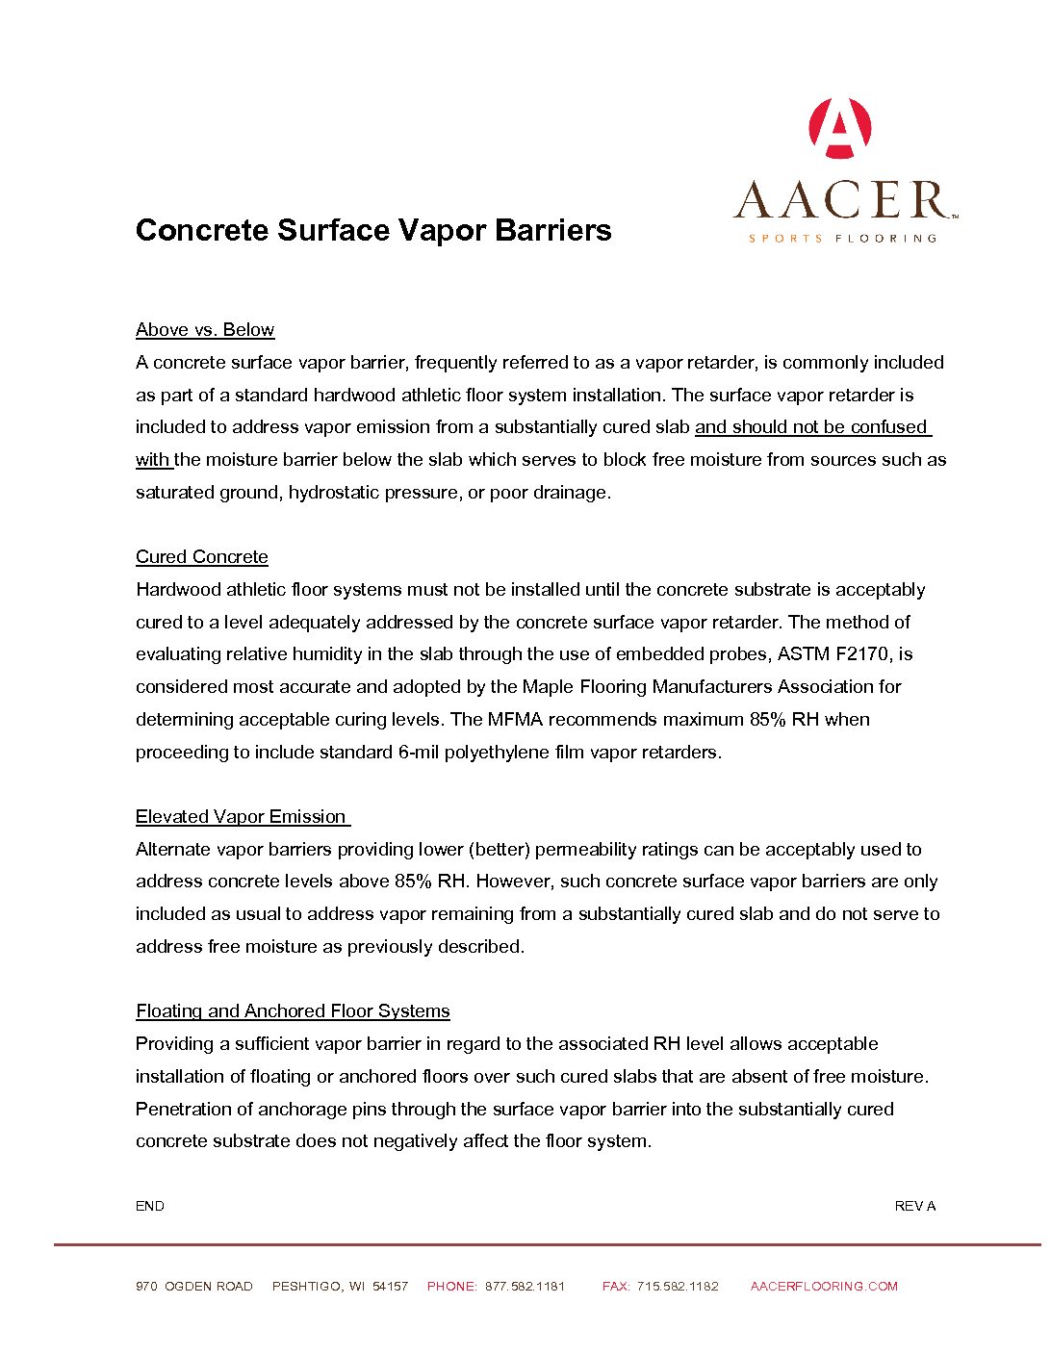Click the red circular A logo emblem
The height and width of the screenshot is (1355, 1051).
(x=840, y=128)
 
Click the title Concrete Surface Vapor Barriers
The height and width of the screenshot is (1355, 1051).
(x=373, y=230)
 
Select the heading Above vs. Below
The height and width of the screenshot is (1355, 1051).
(x=205, y=330)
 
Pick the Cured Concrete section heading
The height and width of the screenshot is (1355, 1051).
(x=202, y=557)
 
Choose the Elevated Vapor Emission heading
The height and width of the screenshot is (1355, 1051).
(x=241, y=817)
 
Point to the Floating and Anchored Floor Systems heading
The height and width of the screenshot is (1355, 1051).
(x=293, y=1011)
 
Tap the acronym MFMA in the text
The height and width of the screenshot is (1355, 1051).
(x=515, y=720)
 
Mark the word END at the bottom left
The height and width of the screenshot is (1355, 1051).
(x=150, y=1206)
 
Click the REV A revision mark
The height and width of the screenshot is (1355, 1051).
(x=914, y=1206)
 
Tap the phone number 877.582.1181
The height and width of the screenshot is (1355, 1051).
(x=525, y=1287)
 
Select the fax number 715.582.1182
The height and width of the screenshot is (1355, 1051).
(x=678, y=1287)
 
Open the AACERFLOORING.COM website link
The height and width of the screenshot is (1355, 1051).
(x=824, y=1287)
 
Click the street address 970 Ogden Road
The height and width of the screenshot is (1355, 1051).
(x=194, y=1287)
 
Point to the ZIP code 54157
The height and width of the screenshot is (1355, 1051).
(x=390, y=1287)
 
